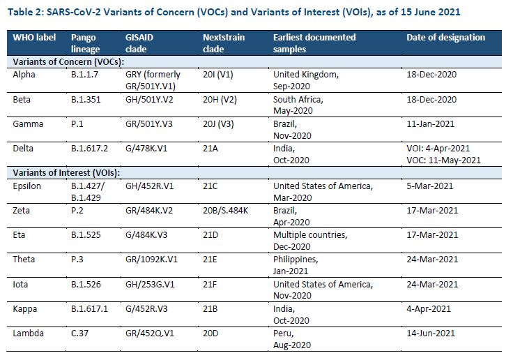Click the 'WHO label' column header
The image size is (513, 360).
click(x=35, y=37)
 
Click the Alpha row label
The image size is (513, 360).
click(x=24, y=73)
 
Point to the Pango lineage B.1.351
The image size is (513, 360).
click(x=86, y=100)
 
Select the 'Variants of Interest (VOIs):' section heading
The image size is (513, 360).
click(x=65, y=172)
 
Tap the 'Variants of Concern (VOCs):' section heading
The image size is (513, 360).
click(x=66, y=61)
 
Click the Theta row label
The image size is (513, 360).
click(x=25, y=259)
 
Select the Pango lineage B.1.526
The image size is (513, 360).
click(x=86, y=285)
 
